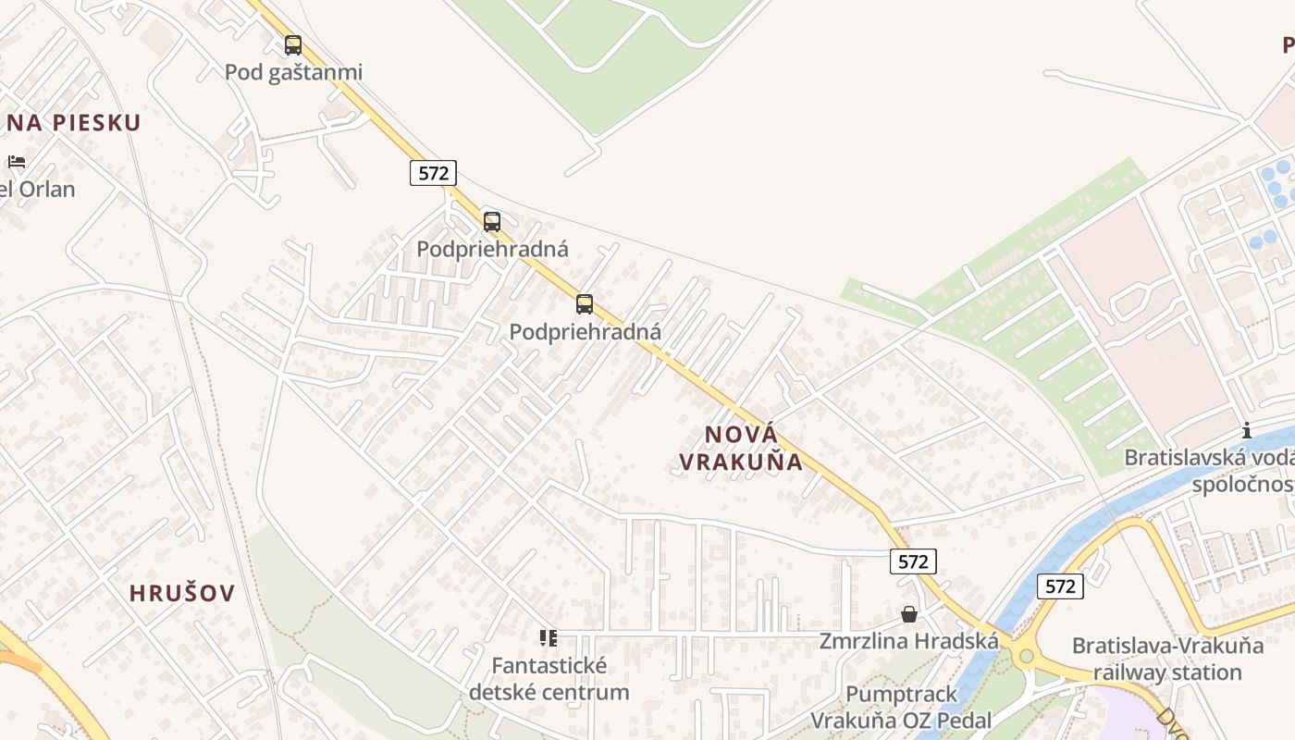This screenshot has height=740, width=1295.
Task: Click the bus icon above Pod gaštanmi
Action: click(x=293, y=44)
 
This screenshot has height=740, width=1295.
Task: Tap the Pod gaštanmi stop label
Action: click(x=294, y=72)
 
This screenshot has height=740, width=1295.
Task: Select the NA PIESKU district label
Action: click(x=73, y=123)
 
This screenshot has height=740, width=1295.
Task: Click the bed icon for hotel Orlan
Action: click(x=17, y=162)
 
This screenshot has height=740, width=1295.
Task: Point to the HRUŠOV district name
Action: click(x=182, y=594)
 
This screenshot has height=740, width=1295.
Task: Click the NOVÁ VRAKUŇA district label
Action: click(x=741, y=448)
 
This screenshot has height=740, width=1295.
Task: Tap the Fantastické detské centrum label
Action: click(x=549, y=678)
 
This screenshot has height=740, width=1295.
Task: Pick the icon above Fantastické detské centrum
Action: click(x=549, y=638)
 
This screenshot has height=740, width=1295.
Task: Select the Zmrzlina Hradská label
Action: click(x=909, y=641)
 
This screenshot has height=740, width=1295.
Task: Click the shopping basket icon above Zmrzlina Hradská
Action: click(x=909, y=614)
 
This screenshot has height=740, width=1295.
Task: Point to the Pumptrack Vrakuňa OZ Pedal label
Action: click(x=901, y=708)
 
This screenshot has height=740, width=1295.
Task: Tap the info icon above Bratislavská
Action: click(x=1247, y=430)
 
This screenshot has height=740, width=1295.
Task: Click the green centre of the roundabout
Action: click(x=1025, y=657)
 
